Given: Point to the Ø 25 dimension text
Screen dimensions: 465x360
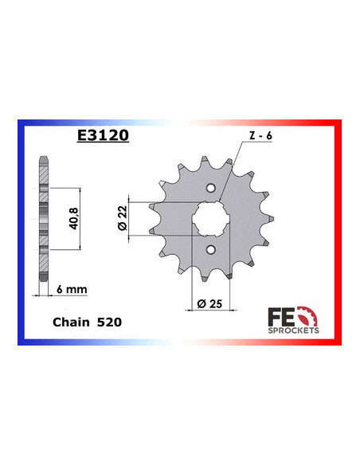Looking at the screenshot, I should click(x=210, y=304).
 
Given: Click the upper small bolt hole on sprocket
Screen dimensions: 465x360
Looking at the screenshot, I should click(x=210, y=189).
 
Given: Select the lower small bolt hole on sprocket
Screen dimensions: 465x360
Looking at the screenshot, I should click(x=210, y=252).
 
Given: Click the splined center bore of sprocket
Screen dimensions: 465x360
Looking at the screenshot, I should click(x=210, y=220).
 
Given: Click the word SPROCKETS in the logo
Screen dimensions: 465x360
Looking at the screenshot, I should click(x=294, y=328).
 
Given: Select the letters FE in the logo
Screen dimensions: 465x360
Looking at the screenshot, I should click(x=285, y=313).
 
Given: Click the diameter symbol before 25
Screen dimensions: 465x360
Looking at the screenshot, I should click(x=198, y=304).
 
